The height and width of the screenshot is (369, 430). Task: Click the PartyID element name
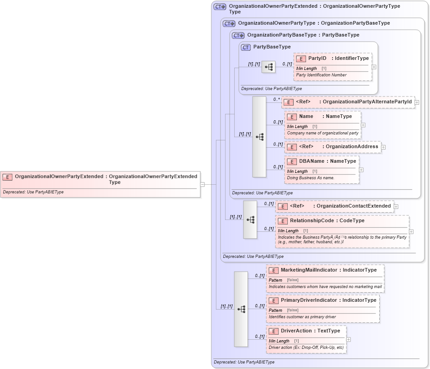pyautogui.click(x=317, y=59)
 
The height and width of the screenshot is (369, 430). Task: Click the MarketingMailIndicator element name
pyautogui.click(x=309, y=270)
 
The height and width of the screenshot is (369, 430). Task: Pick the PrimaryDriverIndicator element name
pyautogui.click(x=309, y=300)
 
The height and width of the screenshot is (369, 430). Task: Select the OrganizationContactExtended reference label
pyautogui.click(x=354, y=206)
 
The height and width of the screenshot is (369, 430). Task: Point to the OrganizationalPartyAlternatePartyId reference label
pyautogui.click(x=367, y=102)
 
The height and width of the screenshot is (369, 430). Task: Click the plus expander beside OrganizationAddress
pyautogui.click(x=383, y=147)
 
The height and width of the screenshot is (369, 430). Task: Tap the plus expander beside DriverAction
pyautogui.click(x=349, y=339)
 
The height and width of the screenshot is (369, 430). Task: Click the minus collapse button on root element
pyautogui.click(x=202, y=185)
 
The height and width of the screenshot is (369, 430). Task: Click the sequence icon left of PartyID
pyautogui.click(x=269, y=67)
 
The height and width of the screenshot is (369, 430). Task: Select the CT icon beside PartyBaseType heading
pyautogui.click(x=246, y=47)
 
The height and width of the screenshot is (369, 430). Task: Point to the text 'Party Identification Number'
pyautogui.click(x=321, y=75)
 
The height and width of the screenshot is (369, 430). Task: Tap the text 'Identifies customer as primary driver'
pyautogui.click(x=302, y=317)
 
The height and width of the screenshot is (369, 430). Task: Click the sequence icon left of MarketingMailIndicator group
pyautogui.click(x=241, y=309)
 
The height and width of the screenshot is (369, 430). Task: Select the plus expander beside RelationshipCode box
pyautogui.click(x=411, y=231)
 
